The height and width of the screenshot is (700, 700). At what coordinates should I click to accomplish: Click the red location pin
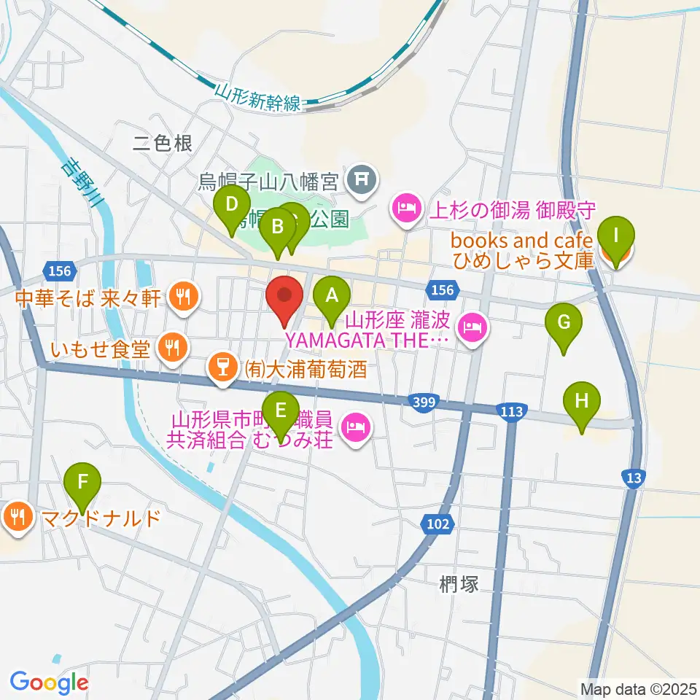tap(284, 301)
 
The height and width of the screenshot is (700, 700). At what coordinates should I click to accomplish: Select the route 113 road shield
tap(511, 412)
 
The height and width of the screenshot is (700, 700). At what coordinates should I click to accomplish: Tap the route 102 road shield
tap(438, 523)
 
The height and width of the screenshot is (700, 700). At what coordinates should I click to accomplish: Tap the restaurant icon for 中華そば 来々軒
tap(182, 296)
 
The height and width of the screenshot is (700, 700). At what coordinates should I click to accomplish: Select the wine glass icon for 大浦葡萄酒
tap(219, 367)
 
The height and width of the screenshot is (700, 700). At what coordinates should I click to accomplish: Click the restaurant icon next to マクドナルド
tap(15, 518)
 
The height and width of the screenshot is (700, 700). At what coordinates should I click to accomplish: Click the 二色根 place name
tap(162, 144)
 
